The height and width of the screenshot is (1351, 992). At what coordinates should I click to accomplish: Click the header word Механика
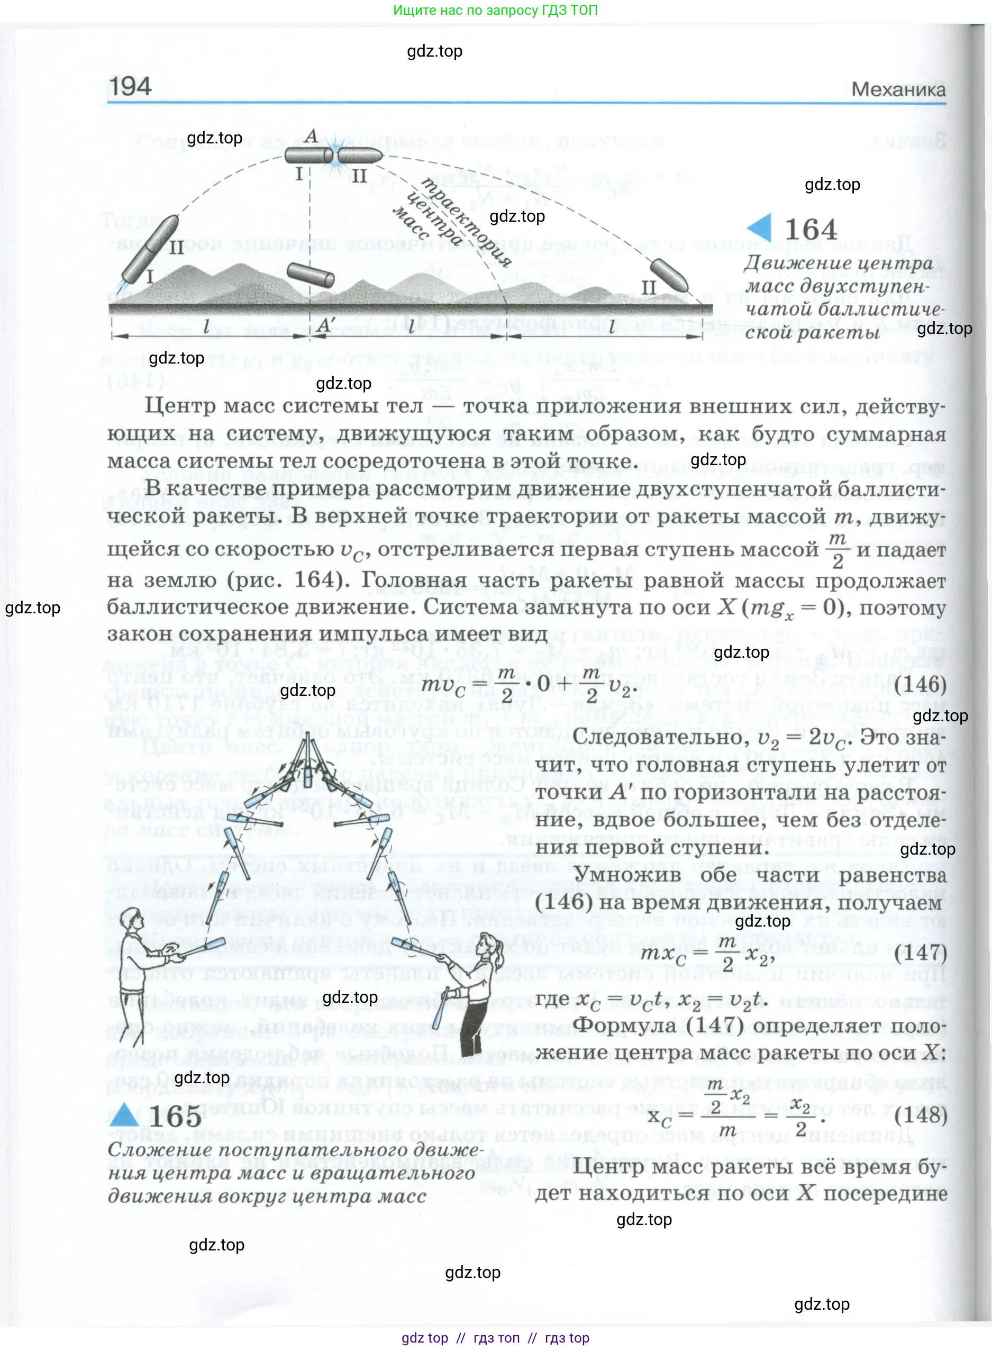[x=898, y=90]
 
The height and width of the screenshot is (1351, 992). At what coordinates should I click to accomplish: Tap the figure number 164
[x=810, y=230]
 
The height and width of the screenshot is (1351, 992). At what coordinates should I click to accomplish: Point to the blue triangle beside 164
[x=760, y=228]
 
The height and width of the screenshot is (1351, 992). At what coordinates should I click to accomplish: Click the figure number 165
[x=175, y=1117]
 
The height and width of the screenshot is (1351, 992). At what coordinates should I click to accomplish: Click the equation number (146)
[x=920, y=685]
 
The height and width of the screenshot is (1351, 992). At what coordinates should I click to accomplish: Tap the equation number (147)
[x=920, y=953]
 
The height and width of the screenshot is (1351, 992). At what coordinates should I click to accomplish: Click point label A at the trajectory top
[x=311, y=137]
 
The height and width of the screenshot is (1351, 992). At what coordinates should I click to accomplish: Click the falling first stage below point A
[x=311, y=276]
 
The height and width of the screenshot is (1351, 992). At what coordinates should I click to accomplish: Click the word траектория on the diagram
[x=466, y=222]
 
